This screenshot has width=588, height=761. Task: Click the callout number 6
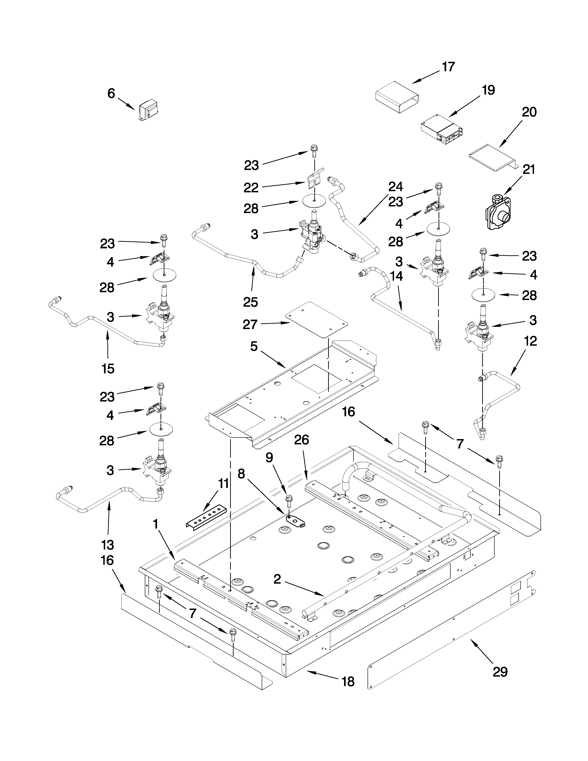[111, 93]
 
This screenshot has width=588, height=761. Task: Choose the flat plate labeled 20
[491, 159]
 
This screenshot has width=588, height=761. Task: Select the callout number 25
[250, 302]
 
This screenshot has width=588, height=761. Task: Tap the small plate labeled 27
[316, 319]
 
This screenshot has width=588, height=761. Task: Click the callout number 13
[108, 544]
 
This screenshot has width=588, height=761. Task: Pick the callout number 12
[530, 341]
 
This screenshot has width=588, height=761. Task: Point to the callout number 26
[301, 440]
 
